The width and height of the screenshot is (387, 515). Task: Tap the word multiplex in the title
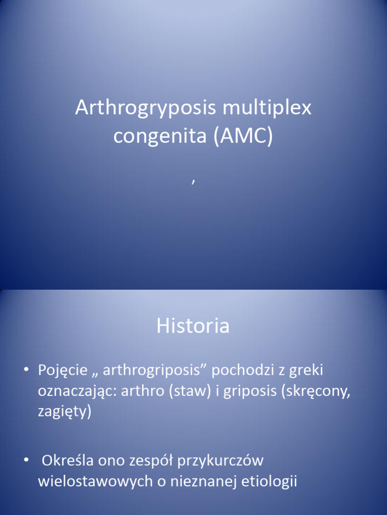click(267, 108)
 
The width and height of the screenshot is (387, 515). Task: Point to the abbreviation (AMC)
click(243, 136)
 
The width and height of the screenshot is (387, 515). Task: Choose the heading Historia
click(193, 326)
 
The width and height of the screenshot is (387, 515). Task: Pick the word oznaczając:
click(77, 391)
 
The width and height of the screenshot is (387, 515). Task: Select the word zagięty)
click(65, 412)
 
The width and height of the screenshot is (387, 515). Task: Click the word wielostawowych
click(95, 481)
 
